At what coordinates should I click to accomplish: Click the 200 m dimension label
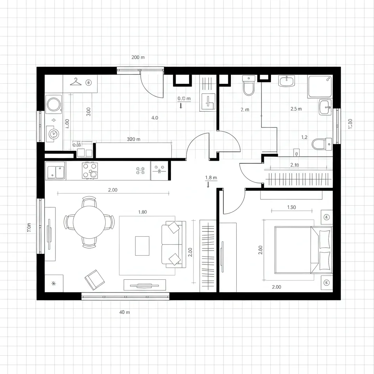(138, 57)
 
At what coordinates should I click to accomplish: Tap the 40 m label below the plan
(125, 312)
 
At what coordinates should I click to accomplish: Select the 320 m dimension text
(134, 139)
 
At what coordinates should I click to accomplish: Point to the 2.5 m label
(296, 108)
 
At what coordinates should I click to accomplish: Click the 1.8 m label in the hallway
(211, 178)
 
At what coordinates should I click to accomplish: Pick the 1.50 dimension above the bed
(291, 207)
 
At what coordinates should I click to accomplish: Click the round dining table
(89, 222)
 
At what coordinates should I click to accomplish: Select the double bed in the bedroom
(303, 249)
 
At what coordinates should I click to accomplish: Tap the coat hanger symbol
(76, 82)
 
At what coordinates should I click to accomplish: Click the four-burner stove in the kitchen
(90, 170)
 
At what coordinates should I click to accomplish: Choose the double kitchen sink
(56, 171)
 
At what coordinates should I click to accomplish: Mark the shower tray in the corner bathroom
(320, 87)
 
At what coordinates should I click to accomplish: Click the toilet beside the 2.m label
(249, 85)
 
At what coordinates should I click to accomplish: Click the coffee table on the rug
(142, 246)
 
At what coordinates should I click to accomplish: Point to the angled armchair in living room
(94, 279)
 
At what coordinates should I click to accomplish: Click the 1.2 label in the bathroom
(304, 137)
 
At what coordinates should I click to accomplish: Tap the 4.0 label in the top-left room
(154, 118)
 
